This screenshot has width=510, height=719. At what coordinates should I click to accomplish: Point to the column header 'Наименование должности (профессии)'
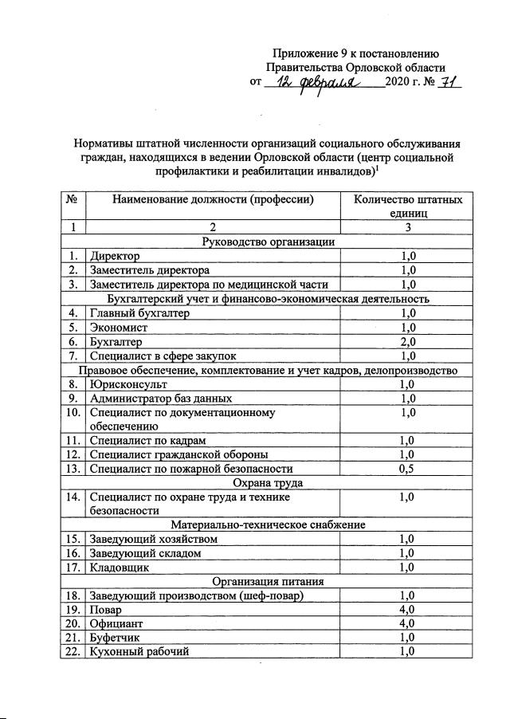point(212,200)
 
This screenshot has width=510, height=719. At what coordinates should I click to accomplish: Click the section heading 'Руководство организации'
point(268,242)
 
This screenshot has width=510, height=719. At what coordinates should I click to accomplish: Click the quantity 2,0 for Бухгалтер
point(408,341)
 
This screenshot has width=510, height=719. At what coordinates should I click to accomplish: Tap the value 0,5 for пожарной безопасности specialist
point(408,469)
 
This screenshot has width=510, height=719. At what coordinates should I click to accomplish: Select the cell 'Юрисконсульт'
point(127,384)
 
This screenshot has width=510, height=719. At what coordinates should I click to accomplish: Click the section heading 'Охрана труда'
point(268,482)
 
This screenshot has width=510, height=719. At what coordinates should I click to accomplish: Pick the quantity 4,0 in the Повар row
point(408,608)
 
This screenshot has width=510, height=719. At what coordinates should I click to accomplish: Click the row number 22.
point(73,650)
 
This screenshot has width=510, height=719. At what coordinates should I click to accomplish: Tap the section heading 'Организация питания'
point(268,581)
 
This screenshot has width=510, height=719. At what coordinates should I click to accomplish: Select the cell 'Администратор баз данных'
point(161,398)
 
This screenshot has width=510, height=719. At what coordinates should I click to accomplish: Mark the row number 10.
point(73,412)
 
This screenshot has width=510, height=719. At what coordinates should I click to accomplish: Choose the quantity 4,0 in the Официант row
point(408,623)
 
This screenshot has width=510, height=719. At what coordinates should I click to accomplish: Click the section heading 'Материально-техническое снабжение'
point(268,525)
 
